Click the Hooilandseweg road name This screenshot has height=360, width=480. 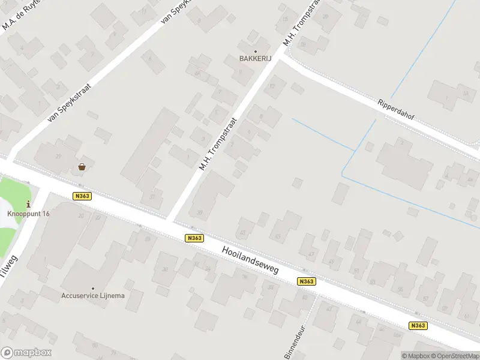pos(250,260)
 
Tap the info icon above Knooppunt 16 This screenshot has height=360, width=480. pos(29,205)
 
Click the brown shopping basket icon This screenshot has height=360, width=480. pos(82,167)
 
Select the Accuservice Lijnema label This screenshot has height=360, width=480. pos(92,295)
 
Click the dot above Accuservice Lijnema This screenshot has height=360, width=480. pos(92,288)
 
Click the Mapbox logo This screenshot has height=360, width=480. pos(26,353)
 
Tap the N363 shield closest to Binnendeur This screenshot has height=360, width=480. pos(306,281)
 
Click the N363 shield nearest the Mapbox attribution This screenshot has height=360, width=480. pos(418,326)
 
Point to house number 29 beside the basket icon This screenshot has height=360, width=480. pos(58,157)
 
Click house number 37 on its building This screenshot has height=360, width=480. pos(152,197)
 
